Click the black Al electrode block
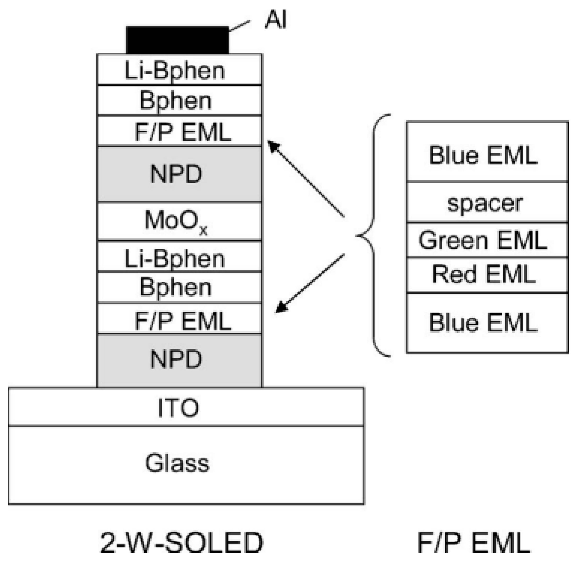(x=177, y=40)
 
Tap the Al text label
(x=276, y=21)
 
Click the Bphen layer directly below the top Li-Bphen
(x=179, y=100)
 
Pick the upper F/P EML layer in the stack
(x=179, y=131)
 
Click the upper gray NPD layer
(x=179, y=174)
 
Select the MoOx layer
(x=179, y=221)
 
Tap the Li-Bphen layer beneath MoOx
(x=179, y=256)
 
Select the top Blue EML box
(x=487, y=152)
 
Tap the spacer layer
(x=487, y=203)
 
